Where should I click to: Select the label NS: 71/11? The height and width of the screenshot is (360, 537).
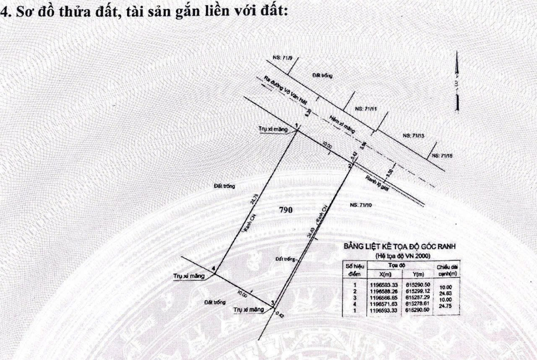click(366, 109)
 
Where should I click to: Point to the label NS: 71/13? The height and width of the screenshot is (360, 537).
click(414, 136)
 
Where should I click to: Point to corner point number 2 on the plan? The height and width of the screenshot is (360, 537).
click(350, 165)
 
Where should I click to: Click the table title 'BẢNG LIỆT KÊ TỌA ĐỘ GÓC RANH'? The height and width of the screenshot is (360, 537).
click(399, 246)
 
